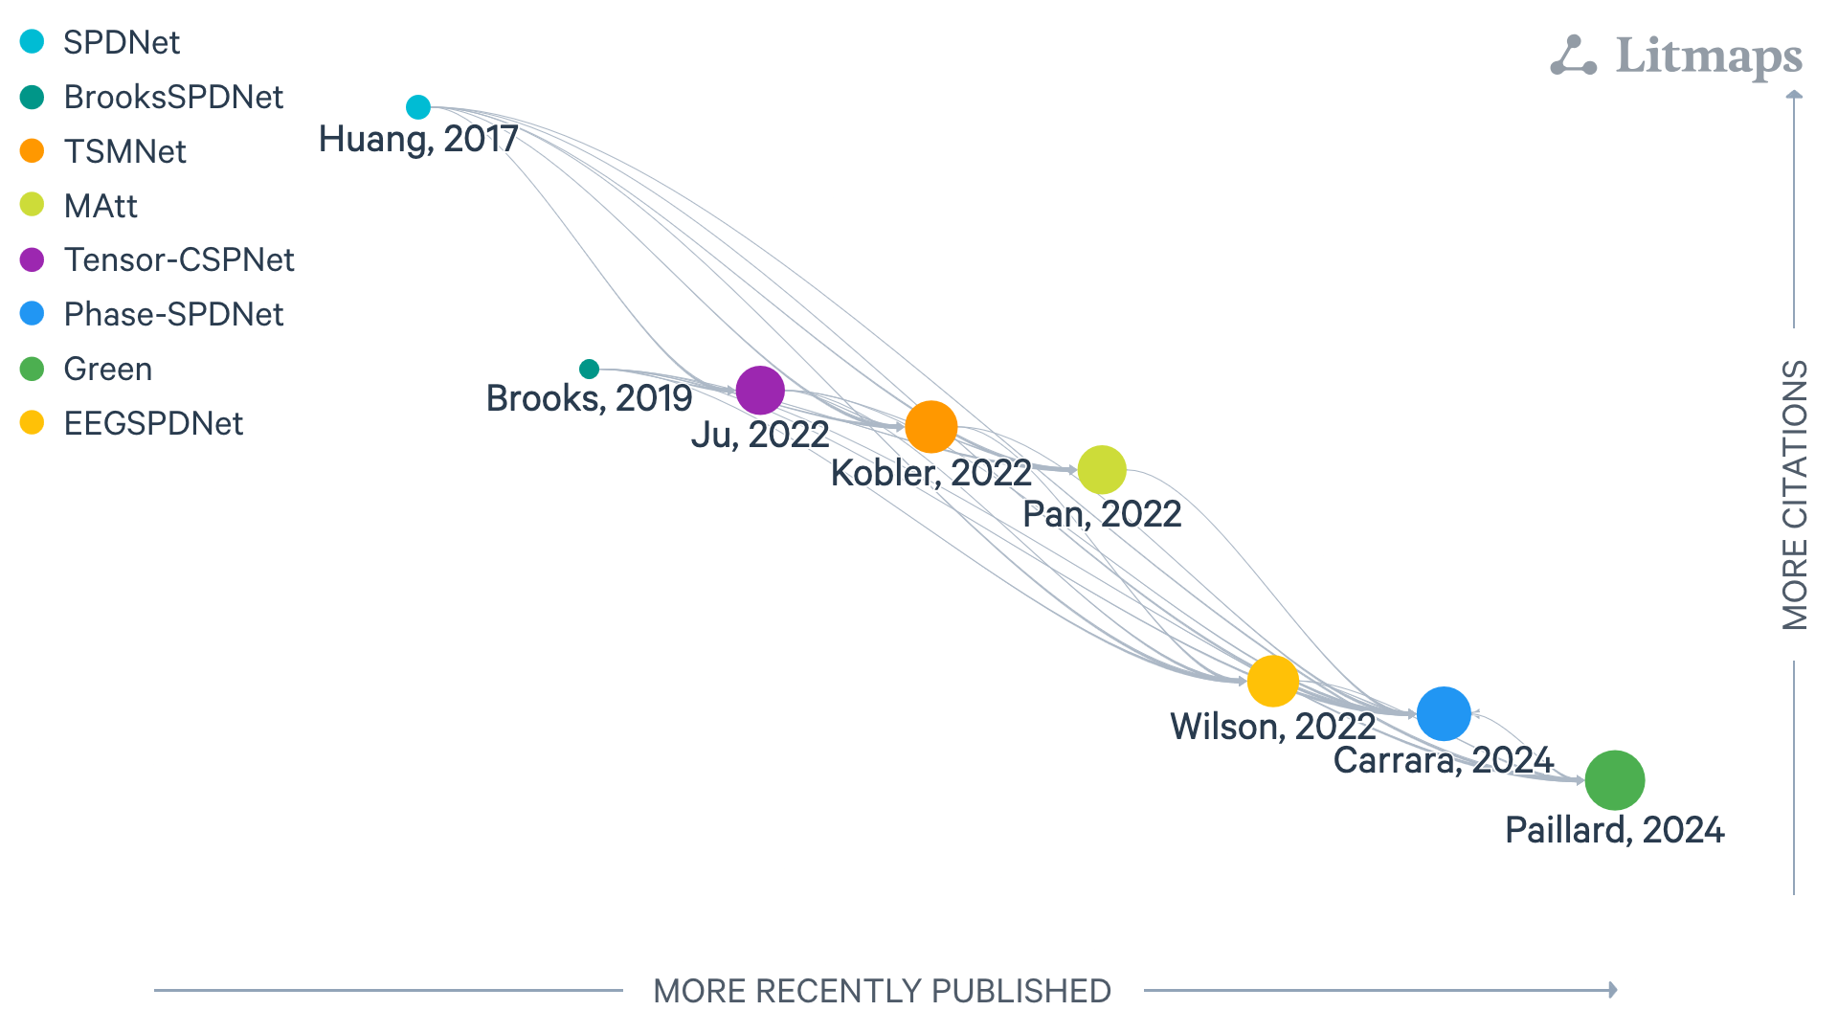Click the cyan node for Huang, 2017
point(418,107)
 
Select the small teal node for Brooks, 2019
point(590,369)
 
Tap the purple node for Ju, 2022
point(760,391)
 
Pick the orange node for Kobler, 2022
point(931,426)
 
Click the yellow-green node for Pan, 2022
point(1102,470)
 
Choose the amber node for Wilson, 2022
point(1273,682)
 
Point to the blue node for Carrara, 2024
point(1444,714)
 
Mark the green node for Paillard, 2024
point(1615,780)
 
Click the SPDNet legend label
point(122,42)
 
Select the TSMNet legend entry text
point(124,151)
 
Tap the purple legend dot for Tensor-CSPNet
point(33,259)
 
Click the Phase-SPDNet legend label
point(173,314)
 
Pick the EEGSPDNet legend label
point(153,423)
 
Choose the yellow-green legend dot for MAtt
point(33,205)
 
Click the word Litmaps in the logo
point(1709,56)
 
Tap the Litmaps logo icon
point(1573,56)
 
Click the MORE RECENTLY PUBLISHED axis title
point(882,991)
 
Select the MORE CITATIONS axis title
point(1795,495)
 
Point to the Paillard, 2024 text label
point(1615,830)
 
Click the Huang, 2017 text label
point(418,140)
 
